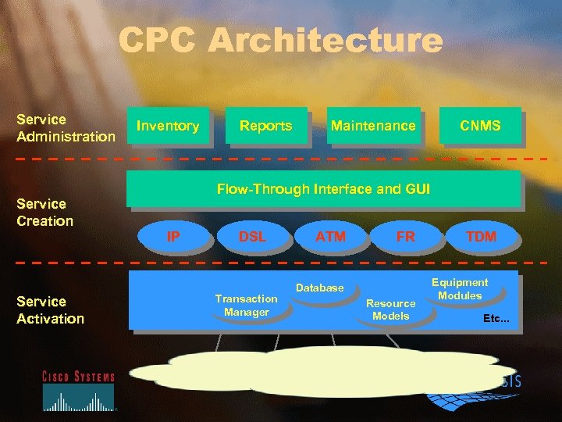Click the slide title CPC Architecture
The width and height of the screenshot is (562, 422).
pos(281,41)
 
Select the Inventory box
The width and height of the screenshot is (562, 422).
pos(168,126)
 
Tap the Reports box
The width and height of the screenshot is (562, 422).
pos(265,126)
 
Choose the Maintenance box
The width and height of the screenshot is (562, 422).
pos(373,126)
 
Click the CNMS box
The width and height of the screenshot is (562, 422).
pos(480,126)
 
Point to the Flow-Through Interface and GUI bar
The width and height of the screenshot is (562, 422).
pos(323,189)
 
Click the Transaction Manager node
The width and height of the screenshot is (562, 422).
pos(246,306)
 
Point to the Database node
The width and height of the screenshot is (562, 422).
pos(320,288)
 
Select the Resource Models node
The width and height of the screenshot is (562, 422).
pos(391,309)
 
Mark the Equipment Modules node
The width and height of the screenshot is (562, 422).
pos(460,289)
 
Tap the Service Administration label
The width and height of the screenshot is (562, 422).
pos(66,128)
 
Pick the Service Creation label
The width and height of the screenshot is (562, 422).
pos(45,213)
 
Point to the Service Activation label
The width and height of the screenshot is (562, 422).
pos(51,309)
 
